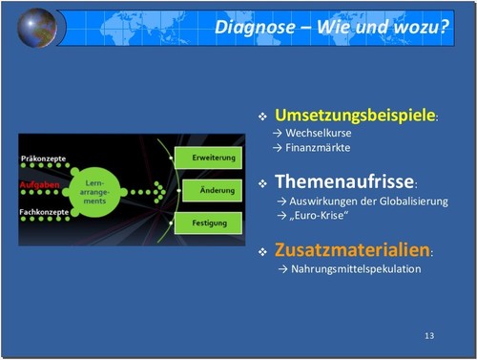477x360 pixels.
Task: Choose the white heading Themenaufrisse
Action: coord(344,181)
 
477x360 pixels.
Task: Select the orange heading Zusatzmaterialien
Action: coord(352,251)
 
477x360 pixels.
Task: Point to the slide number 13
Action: coord(428,336)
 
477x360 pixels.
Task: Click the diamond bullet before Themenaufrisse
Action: coord(263,182)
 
